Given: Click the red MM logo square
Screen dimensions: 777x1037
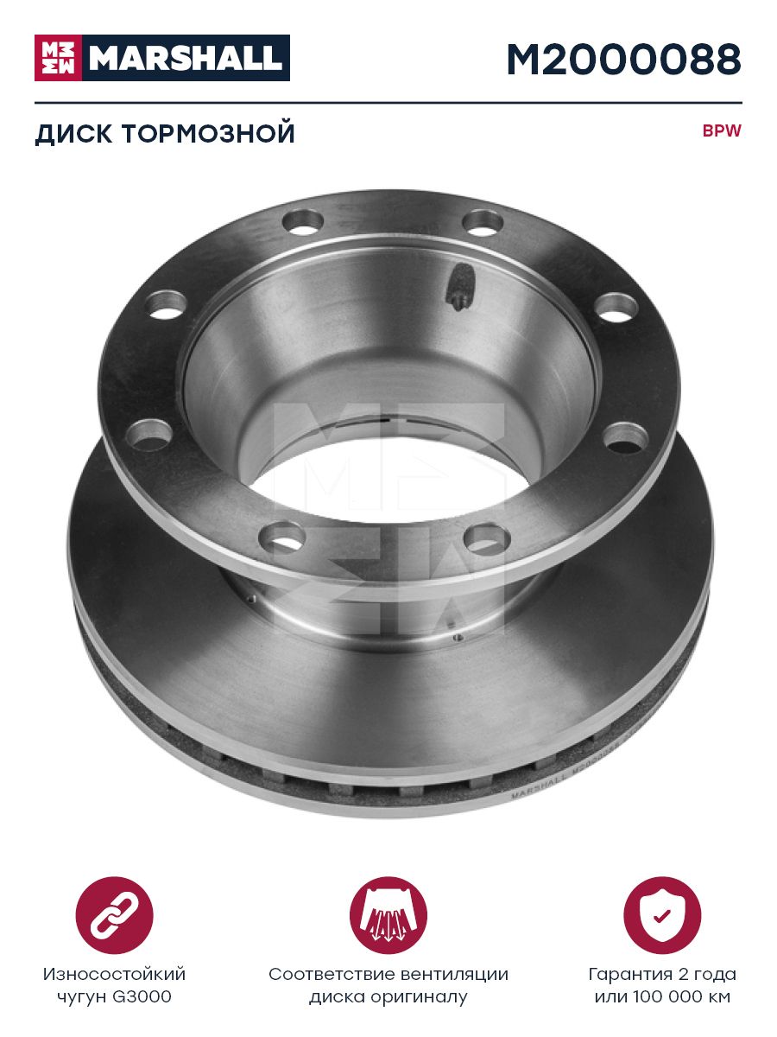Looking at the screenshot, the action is pos(58,58).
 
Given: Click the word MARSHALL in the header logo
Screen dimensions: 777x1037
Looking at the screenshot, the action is pos(186,58).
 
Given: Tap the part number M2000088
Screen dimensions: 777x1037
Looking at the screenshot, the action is pos(623,59).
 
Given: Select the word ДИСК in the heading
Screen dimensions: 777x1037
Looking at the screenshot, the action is pos(73,134).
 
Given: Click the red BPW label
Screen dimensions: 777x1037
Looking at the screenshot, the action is pos(722,130).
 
